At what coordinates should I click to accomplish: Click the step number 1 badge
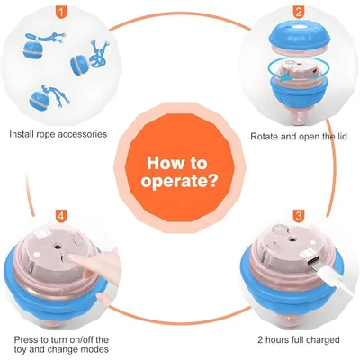(61, 12)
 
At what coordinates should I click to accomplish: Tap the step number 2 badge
(298, 12)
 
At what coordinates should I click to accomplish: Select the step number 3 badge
(298, 216)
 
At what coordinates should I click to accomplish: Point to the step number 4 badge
(61, 216)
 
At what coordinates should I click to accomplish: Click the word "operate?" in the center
(179, 182)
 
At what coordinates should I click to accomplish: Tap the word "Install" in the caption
(22, 134)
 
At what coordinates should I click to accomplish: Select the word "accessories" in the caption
(82, 134)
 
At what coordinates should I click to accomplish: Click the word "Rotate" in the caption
(264, 137)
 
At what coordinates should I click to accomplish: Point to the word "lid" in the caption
(341, 137)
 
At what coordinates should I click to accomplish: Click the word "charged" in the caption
(323, 340)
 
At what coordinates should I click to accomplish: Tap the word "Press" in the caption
(25, 340)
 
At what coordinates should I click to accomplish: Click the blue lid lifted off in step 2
(300, 38)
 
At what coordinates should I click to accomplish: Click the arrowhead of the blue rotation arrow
(285, 78)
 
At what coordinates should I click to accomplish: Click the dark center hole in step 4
(56, 247)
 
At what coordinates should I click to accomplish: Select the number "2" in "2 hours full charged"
(260, 340)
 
